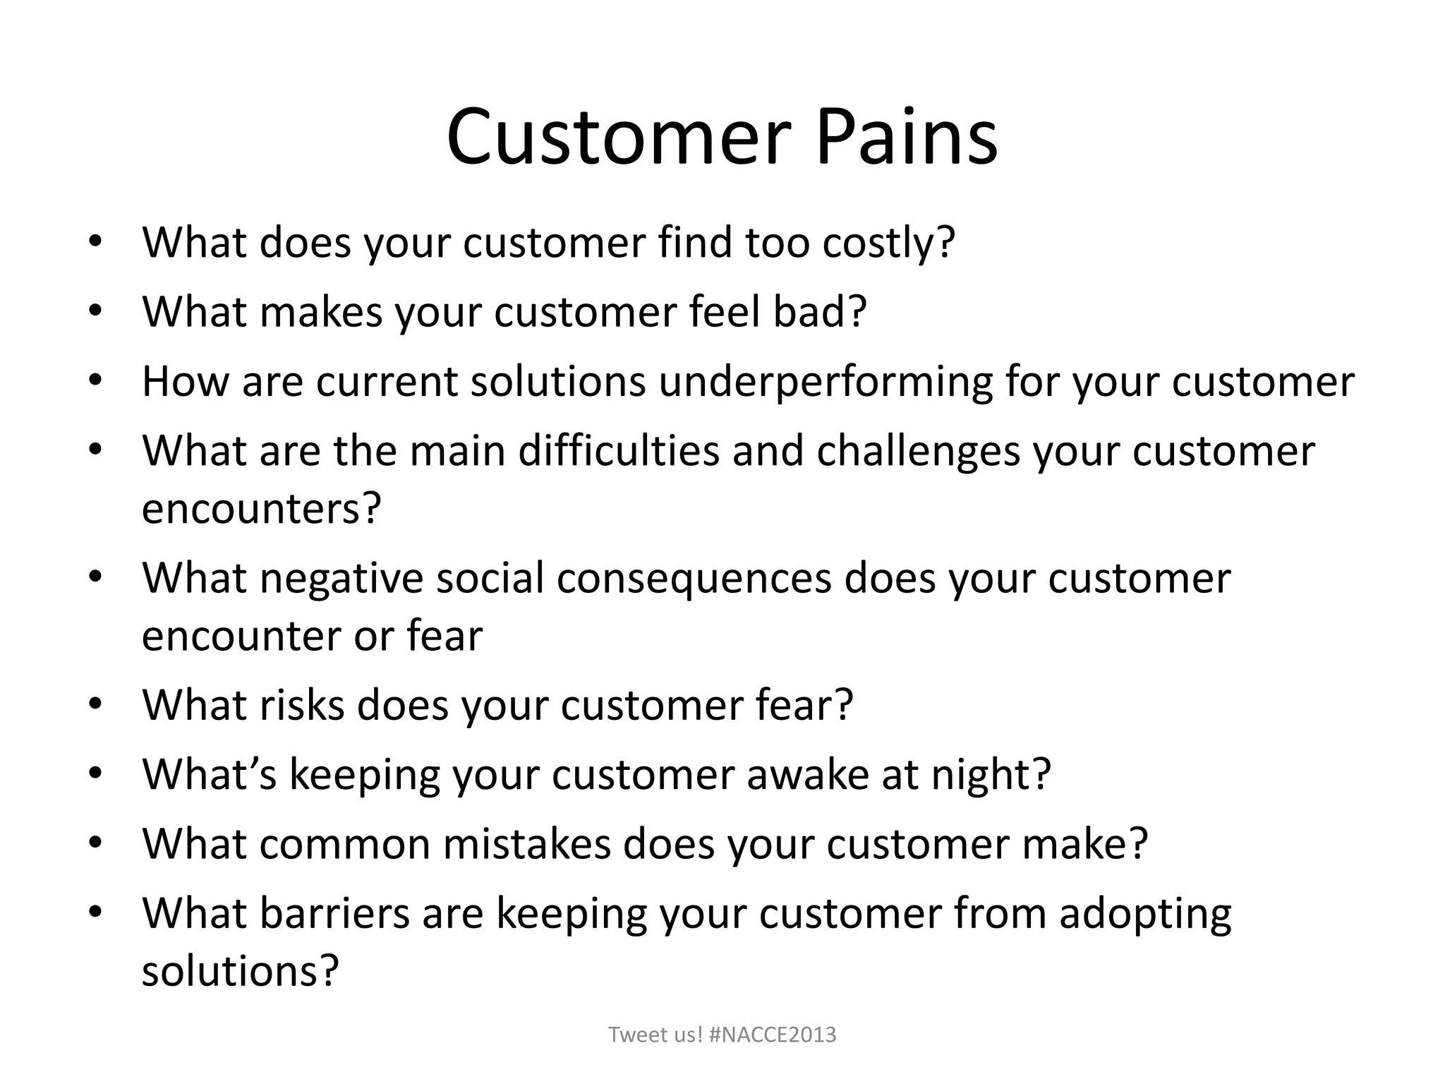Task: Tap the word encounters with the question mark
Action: pyautogui.click(x=261, y=507)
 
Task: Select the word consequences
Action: pyautogui.click(x=694, y=578)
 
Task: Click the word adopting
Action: pyautogui.click(x=1144, y=914)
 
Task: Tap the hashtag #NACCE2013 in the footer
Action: pyautogui.click(x=773, y=1035)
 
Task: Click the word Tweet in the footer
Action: pyautogui.click(x=632, y=1035)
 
